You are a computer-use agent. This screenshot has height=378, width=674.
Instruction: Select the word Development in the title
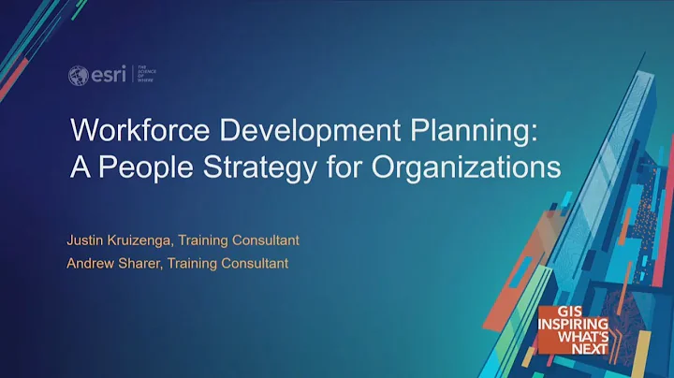point(280,133)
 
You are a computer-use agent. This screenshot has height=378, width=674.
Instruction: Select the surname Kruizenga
point(139,240)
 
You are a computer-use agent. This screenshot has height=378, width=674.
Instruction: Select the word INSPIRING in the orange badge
point(573,326)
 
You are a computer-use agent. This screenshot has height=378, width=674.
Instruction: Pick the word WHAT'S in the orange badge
point(583,338)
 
